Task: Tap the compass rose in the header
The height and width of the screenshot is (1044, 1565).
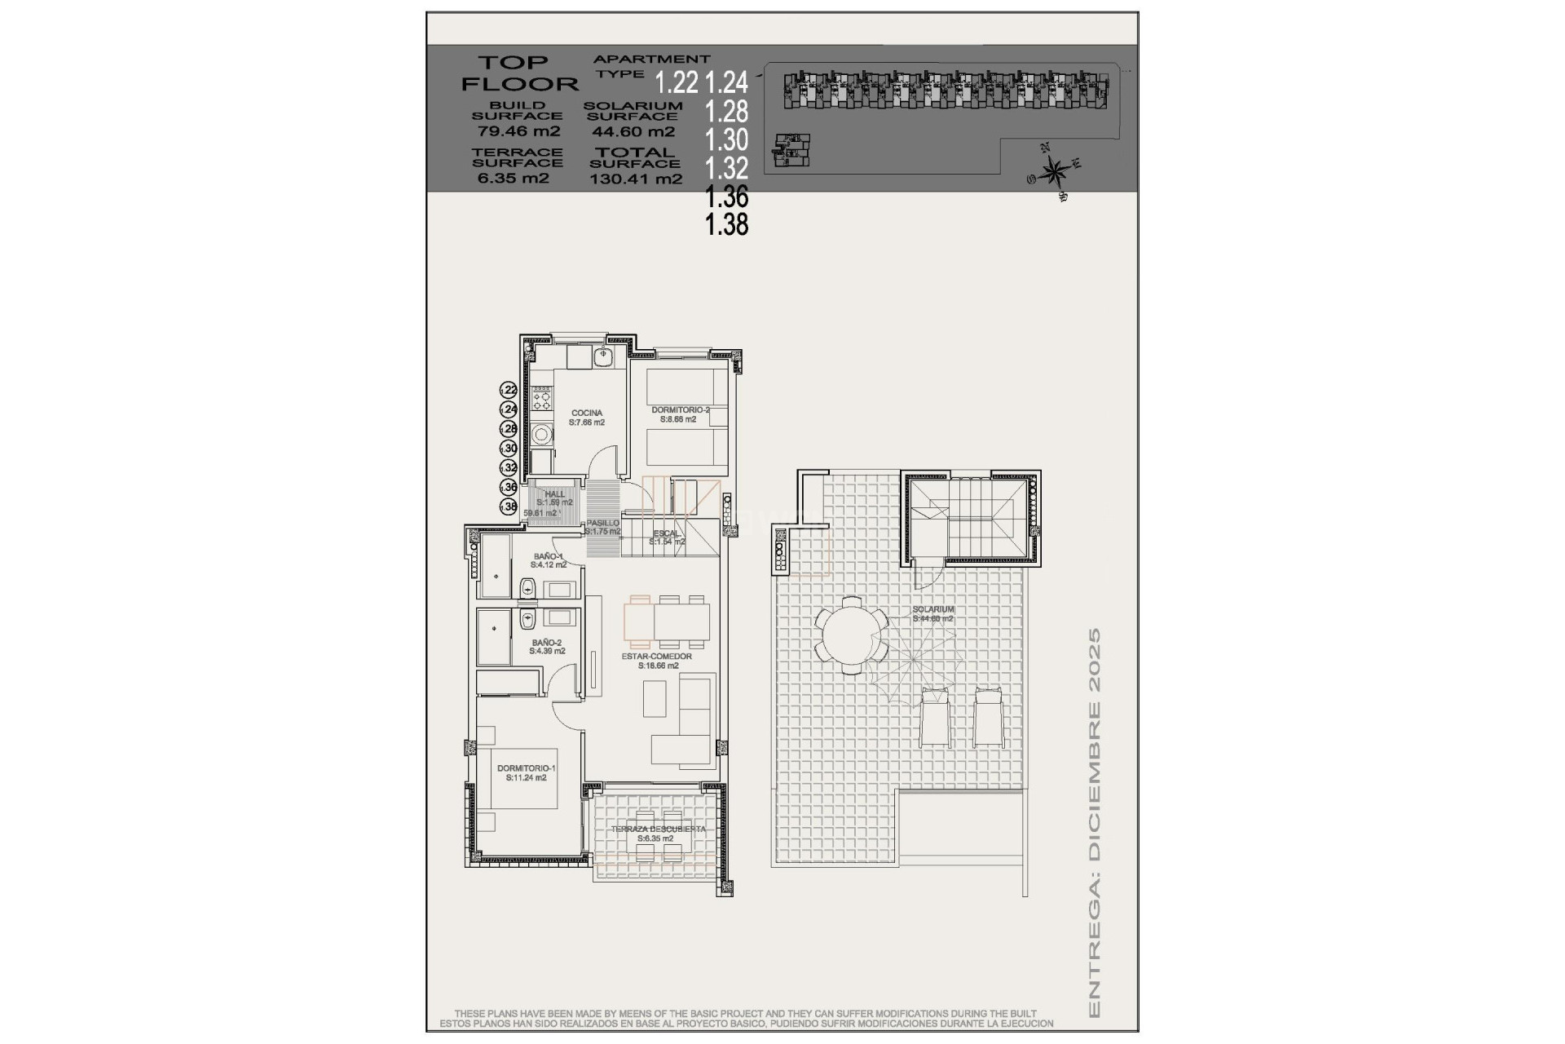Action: tap(1055, 172)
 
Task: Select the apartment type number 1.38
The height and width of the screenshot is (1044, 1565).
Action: tap(726, 223)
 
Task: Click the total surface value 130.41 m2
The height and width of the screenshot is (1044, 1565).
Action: tap(636, 179)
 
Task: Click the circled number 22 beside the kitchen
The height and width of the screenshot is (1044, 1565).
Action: tap(509, 390)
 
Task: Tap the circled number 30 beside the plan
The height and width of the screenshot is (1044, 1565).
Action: tap(509, 448)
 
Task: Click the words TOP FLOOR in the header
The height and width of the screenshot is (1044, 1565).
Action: tap(518, 73)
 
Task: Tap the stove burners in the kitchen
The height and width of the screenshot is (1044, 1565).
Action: tap(540, 400)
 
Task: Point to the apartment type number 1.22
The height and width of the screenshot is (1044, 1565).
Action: tap(677, 82)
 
